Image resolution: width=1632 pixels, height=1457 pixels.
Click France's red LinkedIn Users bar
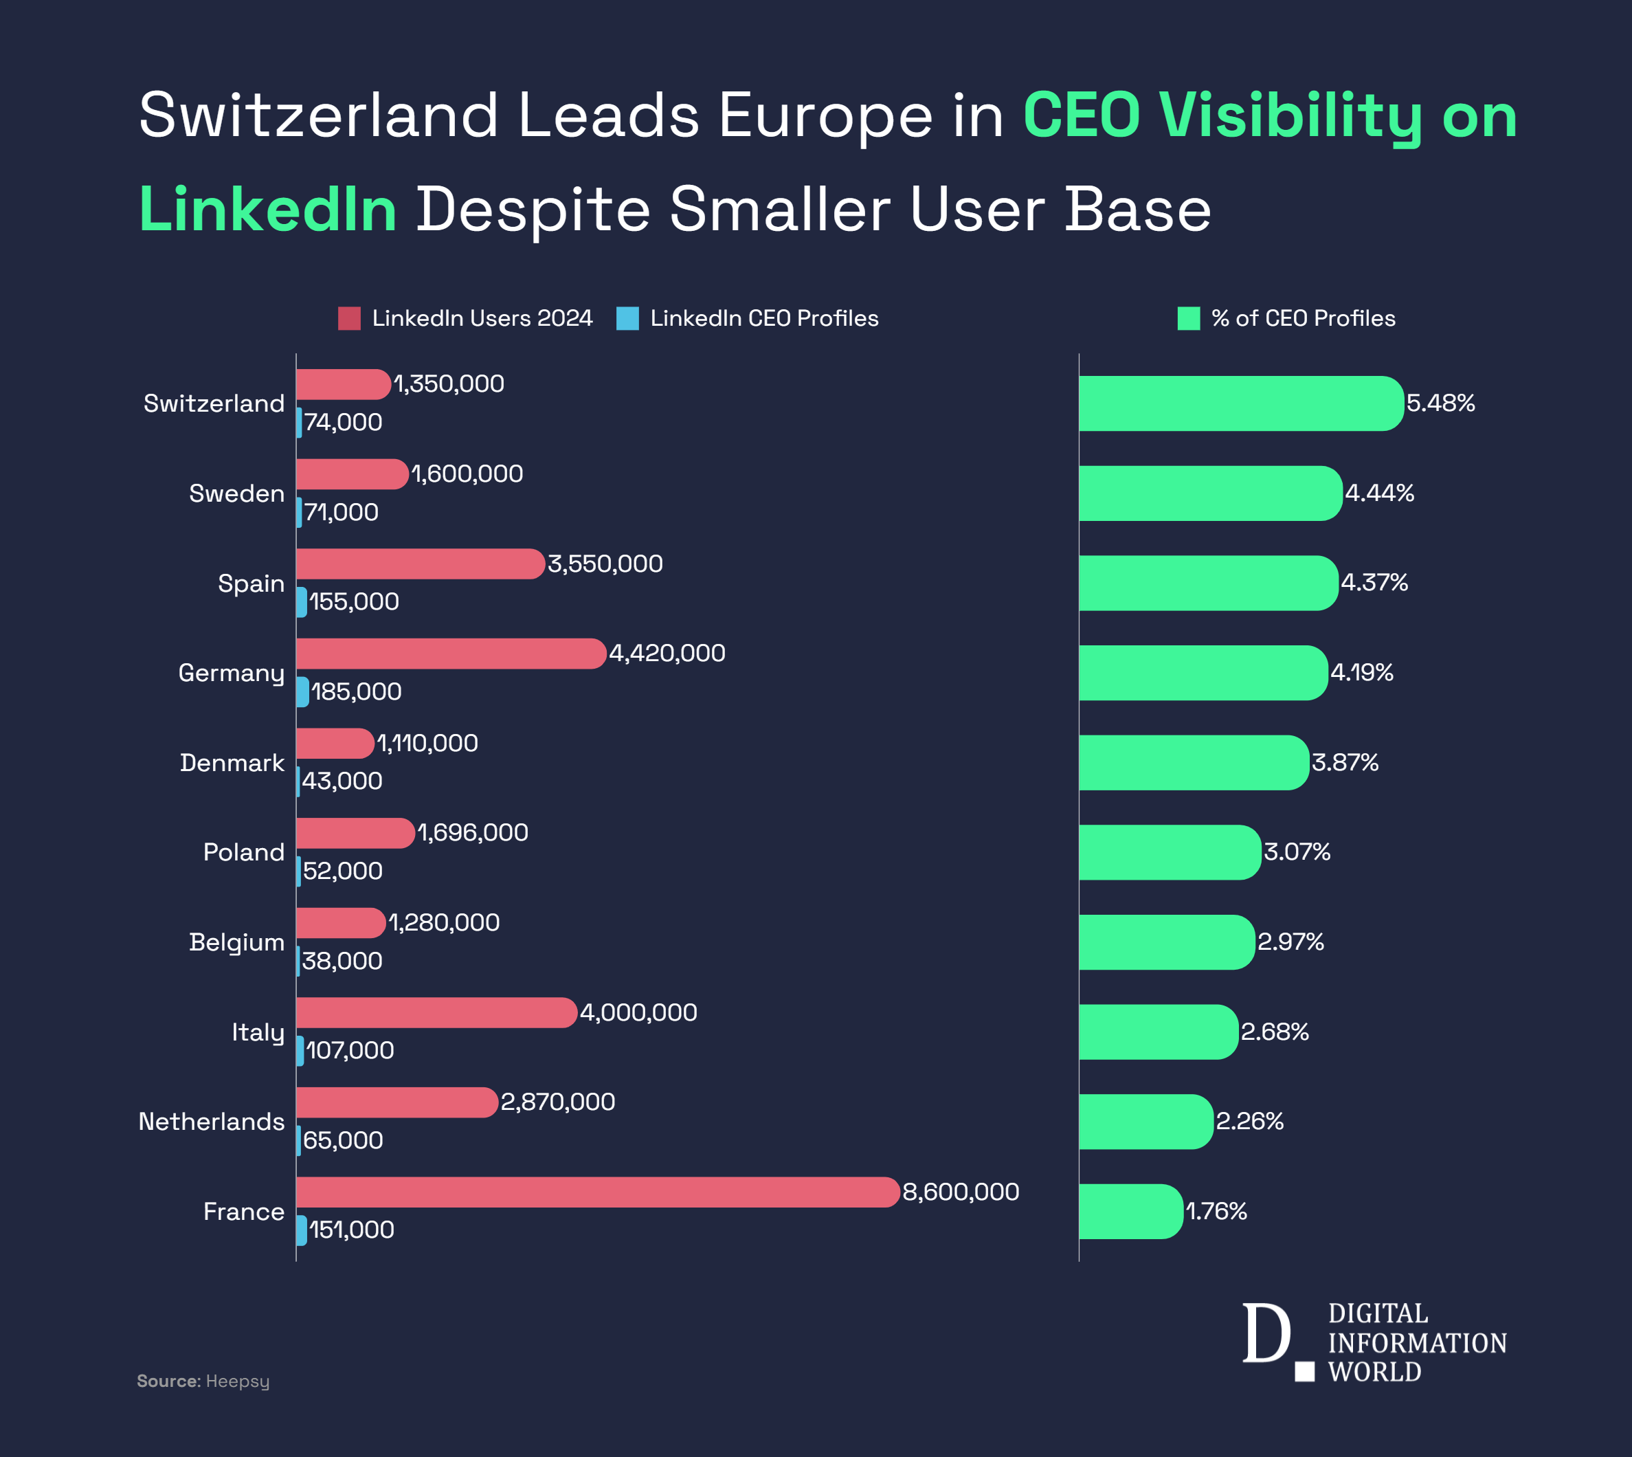pos(597,1192)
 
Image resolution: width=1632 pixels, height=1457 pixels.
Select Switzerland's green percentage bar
pos(1240,403)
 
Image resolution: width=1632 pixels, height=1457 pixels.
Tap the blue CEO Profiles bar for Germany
pos(302,691)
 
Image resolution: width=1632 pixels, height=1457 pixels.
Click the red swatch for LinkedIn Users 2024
pos(349,319)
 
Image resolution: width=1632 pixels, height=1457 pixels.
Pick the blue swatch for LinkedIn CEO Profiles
pos(627,319)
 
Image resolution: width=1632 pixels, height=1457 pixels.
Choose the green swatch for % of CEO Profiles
pos(1189,319)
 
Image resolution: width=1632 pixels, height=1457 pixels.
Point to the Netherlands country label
pos(212,1122)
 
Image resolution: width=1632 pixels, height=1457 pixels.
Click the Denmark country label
pos(232,763)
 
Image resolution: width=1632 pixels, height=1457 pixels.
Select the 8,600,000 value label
pos(961,1192)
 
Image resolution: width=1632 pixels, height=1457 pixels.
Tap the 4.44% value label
pos(1379,493)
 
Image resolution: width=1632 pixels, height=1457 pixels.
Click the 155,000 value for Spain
pos(354,602)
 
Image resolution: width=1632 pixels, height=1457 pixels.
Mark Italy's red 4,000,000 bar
pos(436,1013)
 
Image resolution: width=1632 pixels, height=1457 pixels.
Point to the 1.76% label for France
pos(1216,1211)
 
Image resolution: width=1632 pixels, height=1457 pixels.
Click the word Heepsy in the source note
pos(238,1381)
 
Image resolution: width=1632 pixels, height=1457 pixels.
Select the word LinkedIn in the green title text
pos(268,210)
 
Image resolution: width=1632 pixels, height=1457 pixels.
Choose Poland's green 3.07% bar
pos(1170,853)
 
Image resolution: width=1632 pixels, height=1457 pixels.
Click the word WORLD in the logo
pos(1374,1372)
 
